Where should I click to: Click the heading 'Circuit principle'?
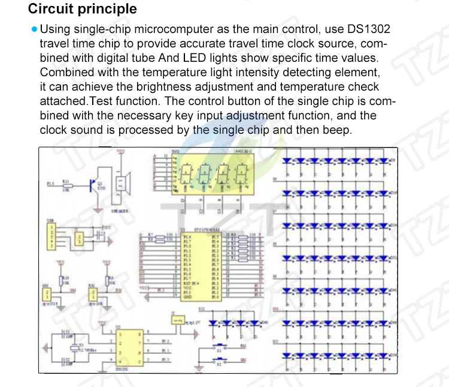83,9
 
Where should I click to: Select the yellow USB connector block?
51,236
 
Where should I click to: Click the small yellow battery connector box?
177,321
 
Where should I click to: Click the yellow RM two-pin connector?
93,294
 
